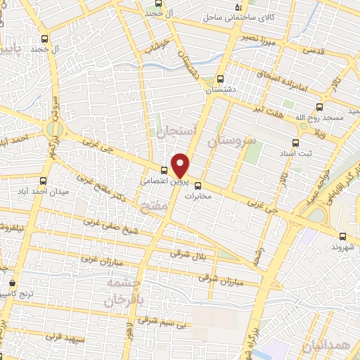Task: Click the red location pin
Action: tap(181, 165)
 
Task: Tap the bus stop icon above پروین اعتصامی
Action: tap(164, 169)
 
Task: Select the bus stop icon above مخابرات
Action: tap(198, 186)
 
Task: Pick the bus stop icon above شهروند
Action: tap(342, 236)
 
